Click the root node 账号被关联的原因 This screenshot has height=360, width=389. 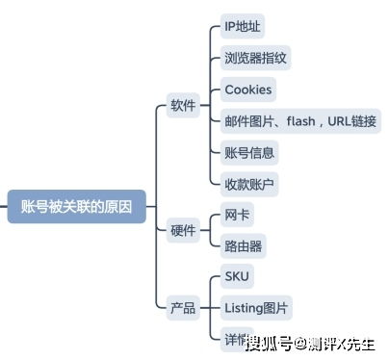click(x=76, y=206)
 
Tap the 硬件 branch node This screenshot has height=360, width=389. click(x=183, y=231)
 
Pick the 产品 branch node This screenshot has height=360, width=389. click(x=183, y=308)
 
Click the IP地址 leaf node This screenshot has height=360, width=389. click(x=244, y=26)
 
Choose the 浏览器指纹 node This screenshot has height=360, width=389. click(x=255, y=58)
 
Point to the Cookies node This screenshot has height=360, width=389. click(x=248, y=90)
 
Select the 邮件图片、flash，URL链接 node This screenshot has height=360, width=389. click(x=300, y=121)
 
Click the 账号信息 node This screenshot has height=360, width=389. click(x=249, y=152)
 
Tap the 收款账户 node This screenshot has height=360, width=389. click(x=249, y=183)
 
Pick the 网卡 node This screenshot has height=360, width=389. click(x=237, y=215)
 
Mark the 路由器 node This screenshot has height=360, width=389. click(x=243, y=245)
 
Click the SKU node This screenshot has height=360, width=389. click(x=237, y=277)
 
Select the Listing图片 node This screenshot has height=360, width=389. click(x=255, y=308)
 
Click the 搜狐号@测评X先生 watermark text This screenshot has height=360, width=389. click(x=309, y=344)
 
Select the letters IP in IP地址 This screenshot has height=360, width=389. click(x=230, y=26)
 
